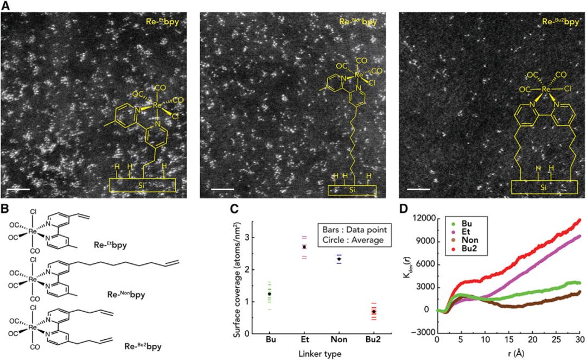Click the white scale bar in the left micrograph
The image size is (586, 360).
coord(18,190)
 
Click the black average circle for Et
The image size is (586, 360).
coord(304,247)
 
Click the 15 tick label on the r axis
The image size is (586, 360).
coord(508,340)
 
